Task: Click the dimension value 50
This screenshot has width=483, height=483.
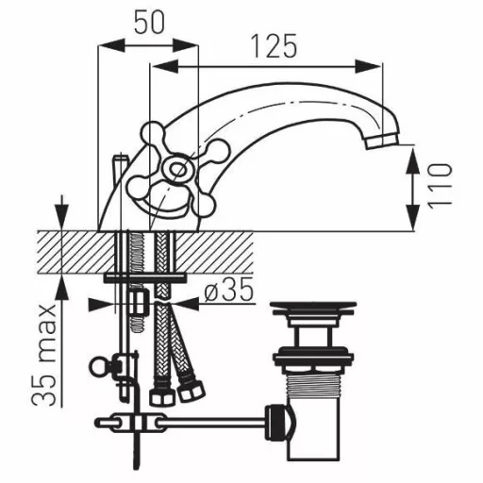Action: coord(149,23)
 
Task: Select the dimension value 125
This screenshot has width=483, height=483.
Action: coord(275,45)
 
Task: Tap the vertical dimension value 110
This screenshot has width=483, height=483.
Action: coord(440,186)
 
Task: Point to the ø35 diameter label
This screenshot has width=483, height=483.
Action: coord(229,290)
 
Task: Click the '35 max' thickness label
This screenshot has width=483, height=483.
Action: coord(44,355)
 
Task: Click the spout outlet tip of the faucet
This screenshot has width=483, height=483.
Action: coord(382,142)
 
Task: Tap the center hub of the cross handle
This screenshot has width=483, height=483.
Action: coord(176,170)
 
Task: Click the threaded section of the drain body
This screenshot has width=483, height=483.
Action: coord(313,383)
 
